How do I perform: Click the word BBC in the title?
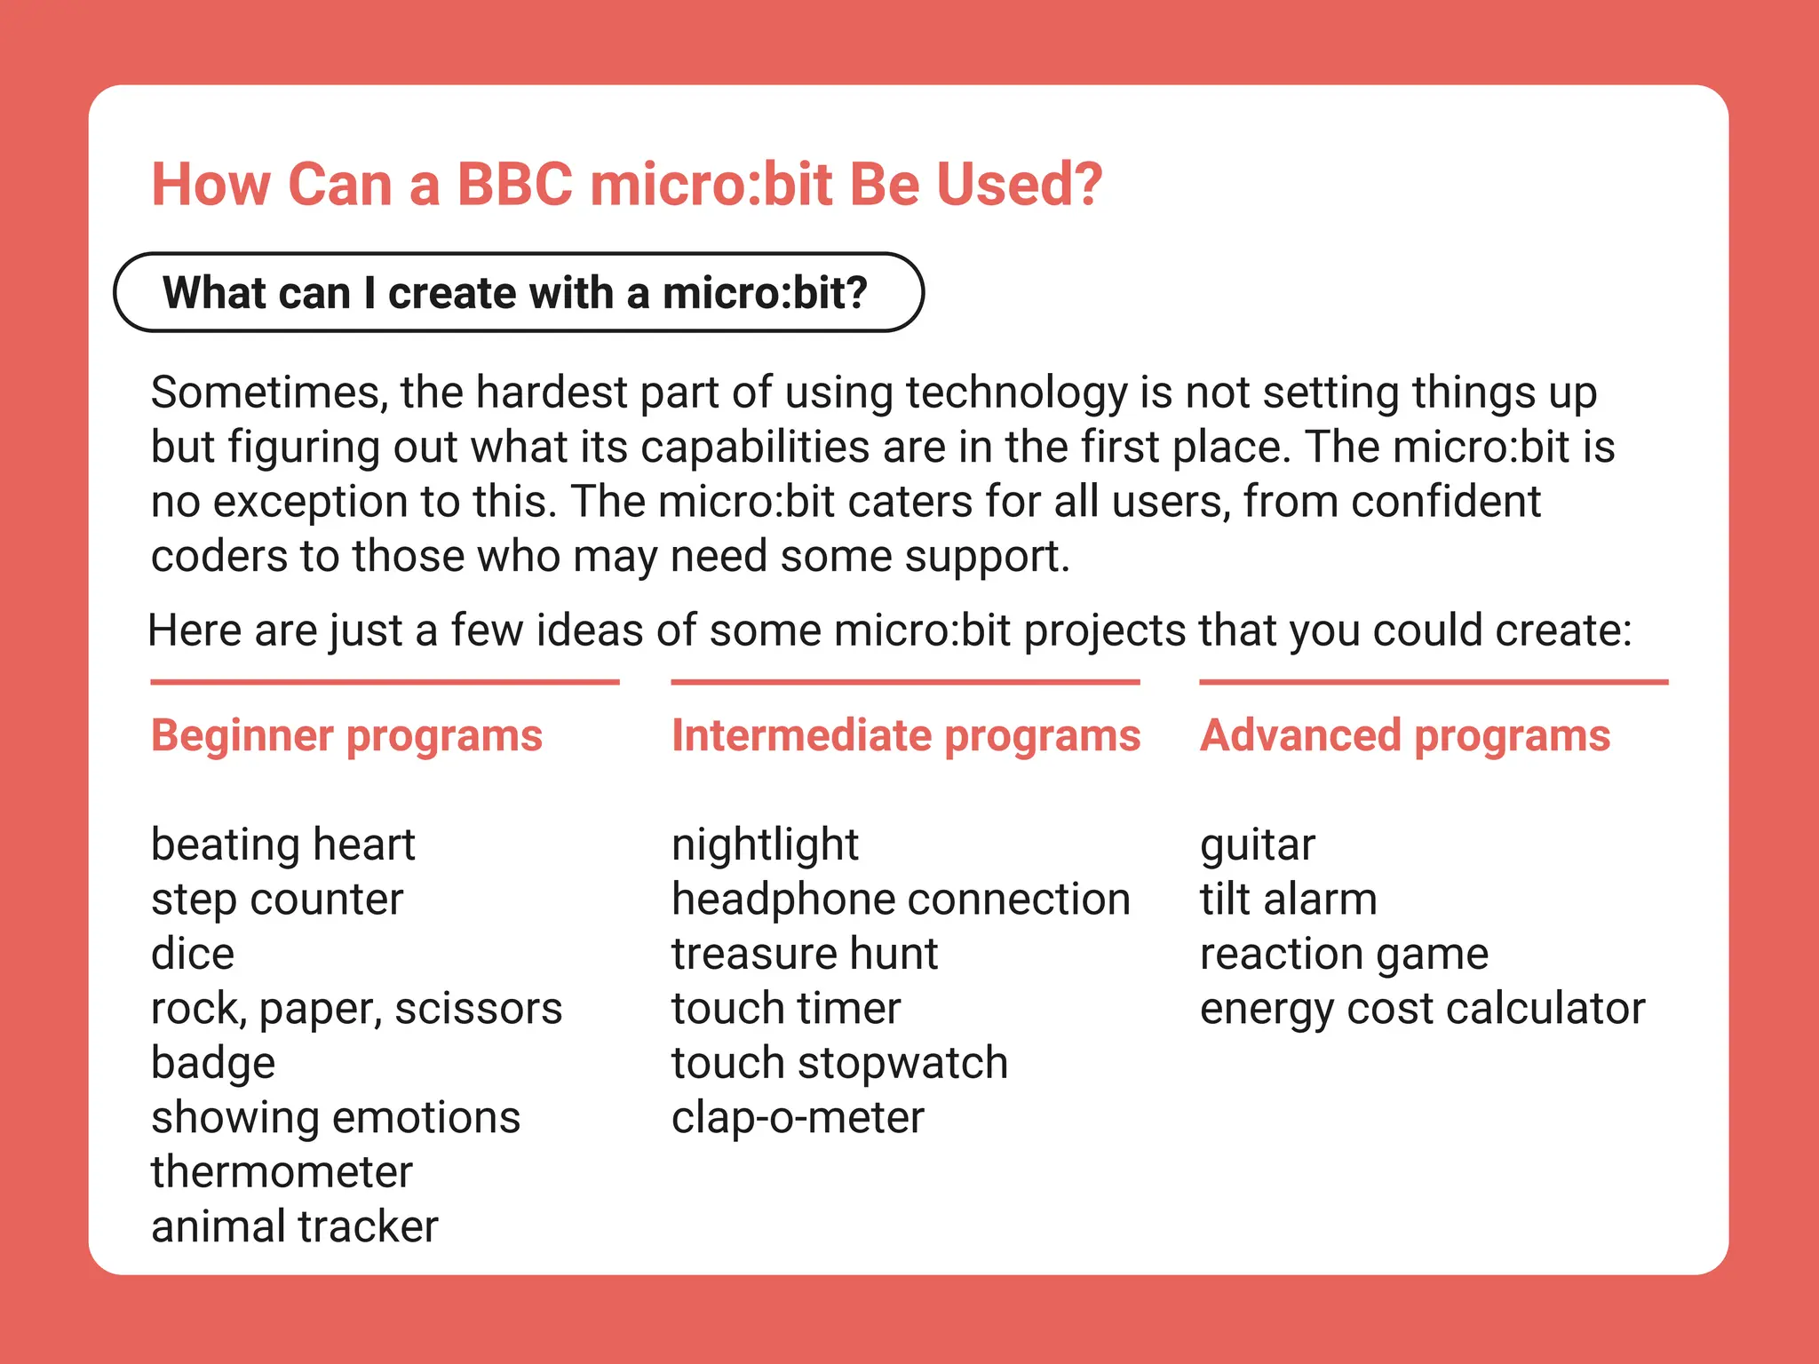pos(514,185)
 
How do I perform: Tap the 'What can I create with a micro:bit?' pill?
pos(518,293)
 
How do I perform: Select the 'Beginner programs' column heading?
pos(346,735)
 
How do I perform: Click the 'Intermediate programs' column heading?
pos(905,735)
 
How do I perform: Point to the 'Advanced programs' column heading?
pos(1404,735)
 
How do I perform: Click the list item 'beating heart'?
pos(282,845)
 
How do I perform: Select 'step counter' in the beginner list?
pos(277,900)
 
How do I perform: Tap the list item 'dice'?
pos(193,954)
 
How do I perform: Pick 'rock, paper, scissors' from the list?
pos(356,1009)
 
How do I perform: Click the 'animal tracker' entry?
pos(295,1227)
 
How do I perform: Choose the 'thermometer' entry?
pos(282,1172)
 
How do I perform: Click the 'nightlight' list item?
pos(765,845)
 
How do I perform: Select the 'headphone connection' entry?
pos(901,900)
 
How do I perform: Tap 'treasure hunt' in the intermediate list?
pos(804,954)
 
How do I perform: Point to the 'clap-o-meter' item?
pos(798,1118)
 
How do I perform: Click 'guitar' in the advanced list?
pos(1257,845)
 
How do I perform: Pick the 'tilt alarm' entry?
pos(1288,900)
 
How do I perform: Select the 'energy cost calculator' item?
pos(1422,1009)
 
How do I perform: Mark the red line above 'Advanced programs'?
pos(1433,682)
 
